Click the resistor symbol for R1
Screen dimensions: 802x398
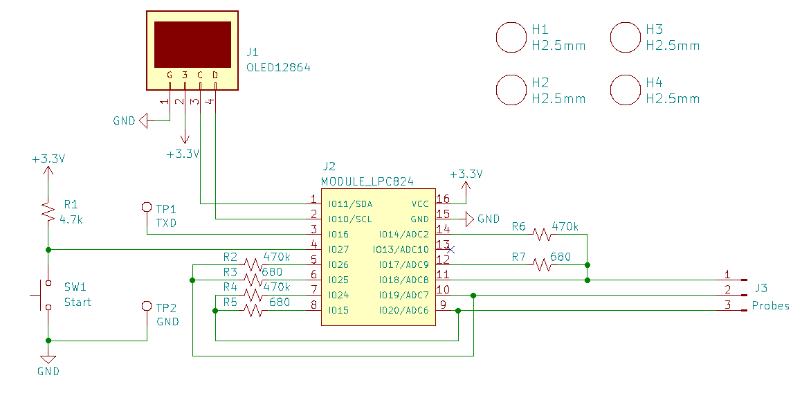(x=48, y=211)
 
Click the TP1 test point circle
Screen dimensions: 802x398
(x=147, y=207)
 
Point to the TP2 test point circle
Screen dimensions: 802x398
(x=147, y=306)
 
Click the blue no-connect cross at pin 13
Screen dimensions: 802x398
(x=450, y=250)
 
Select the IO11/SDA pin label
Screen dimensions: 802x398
(x=350, y=204)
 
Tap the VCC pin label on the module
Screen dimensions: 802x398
(x=420, y=204)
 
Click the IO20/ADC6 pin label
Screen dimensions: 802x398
(x=403, y=311)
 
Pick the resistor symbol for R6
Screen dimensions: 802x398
(x=541, y=234)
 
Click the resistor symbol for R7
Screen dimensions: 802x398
(x=541, y=264)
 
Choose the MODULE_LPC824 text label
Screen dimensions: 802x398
(x=367, y=181)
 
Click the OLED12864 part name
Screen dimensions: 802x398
(x=278, y=68)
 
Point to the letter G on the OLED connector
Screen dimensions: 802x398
(x=170, y=75)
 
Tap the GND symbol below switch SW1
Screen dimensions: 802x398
(x=48, y=360)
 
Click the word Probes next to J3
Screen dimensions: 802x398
(x=770, y=306)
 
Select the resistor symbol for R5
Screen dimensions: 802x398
(x=253, y=310)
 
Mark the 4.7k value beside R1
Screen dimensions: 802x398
(x=71, y=220)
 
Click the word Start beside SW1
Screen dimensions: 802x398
(x=78, y=302)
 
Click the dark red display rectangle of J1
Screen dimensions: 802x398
(x=192, y=44)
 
